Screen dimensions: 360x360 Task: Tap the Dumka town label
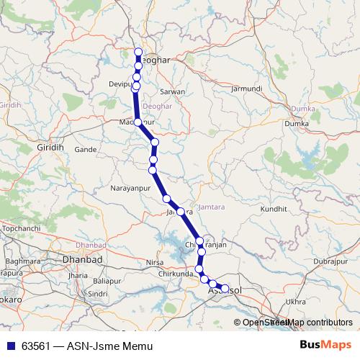(296, 124)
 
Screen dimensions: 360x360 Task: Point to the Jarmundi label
(246, 89)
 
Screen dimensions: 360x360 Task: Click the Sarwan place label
(173, 92)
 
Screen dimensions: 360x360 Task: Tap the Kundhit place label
(274, 208)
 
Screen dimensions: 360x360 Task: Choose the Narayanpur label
(130, 188)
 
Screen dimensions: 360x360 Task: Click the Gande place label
(86, 150)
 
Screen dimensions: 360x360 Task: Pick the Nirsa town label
(156, 262)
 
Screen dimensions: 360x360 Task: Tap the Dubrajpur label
(332, 262)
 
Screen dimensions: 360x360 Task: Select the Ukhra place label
(296, 302)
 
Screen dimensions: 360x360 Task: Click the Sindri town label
(97, 294)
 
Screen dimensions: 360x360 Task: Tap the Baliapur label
(107, 281)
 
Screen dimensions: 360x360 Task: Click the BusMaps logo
(323, 346)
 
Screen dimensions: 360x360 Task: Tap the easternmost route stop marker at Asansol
(225, 289)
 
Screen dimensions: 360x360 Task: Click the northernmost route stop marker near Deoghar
(138, 52)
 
